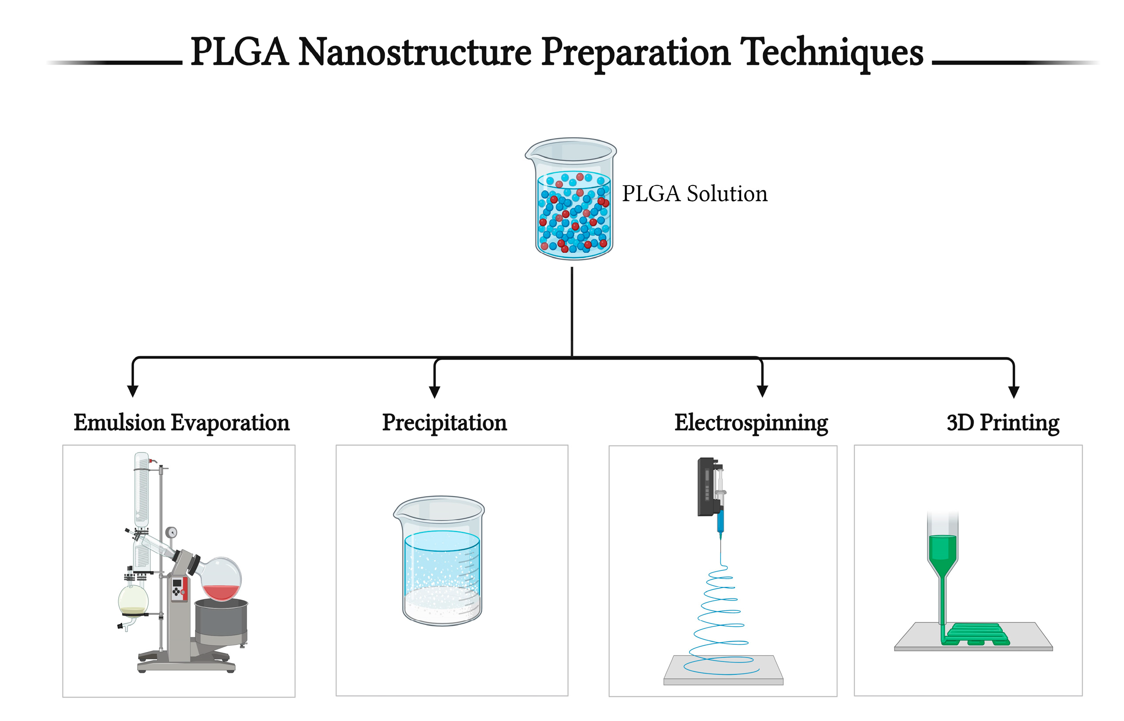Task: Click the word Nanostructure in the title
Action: click(415, 52)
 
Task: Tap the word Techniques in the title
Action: click(831, 52)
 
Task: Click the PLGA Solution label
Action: click(694, 194)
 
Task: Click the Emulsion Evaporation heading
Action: click(181, 423)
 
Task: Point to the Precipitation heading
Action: click(444, 423)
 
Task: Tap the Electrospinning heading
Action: click(750, 423)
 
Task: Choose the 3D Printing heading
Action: click(1002, 423)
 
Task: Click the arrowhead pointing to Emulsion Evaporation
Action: click(132, 391)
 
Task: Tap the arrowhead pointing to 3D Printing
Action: click(1014, 392)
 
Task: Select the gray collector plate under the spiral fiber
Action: click(723, 670)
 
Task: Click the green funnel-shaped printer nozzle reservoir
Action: click(942, 553)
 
